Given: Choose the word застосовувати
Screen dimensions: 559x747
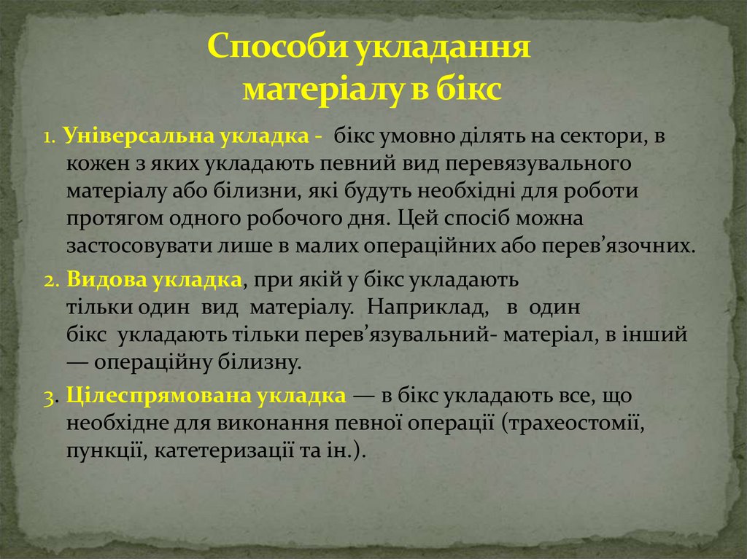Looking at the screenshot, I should pos(139,246).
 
